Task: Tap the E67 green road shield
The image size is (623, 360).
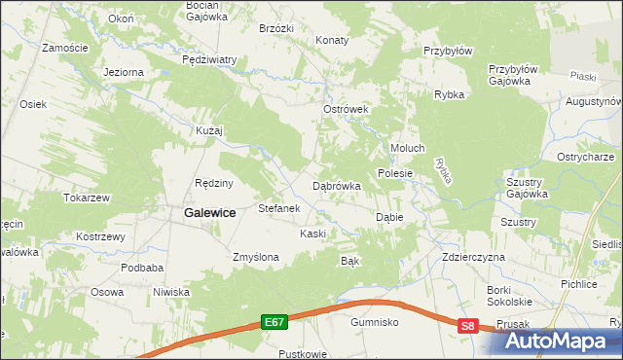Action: (275, 320)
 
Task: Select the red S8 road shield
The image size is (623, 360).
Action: (468, 327)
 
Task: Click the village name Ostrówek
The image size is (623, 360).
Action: (346, 110)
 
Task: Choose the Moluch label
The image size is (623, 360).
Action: (408, 148)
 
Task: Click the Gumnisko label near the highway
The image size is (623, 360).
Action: (376, 320)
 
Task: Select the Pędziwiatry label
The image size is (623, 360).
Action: (209, 59)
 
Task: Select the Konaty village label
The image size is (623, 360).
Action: (333, 41)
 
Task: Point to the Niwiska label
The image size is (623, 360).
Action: (170, 292)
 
